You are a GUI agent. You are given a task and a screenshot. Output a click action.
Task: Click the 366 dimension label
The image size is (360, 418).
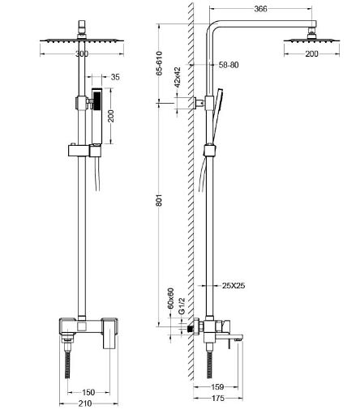coord(260,9)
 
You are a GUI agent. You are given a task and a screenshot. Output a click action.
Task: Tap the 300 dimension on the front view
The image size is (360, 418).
coord(82,53)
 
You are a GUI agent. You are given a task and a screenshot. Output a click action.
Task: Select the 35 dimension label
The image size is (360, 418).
coord(115,77)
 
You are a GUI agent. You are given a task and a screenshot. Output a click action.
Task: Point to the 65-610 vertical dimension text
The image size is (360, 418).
coord(159,63)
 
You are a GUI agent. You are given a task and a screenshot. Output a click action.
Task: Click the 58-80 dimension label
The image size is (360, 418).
coord(229,65)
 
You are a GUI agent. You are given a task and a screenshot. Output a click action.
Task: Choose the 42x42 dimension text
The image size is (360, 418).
coord(178,77)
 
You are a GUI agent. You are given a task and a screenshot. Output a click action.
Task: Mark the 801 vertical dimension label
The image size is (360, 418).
coord(159,200)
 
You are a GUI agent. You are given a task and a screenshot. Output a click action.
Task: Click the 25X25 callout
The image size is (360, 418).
coord(234,285)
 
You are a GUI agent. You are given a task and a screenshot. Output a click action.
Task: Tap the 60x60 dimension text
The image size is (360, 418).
coord(170,298)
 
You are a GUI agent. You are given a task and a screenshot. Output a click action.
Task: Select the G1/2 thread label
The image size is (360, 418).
coord(182,306)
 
